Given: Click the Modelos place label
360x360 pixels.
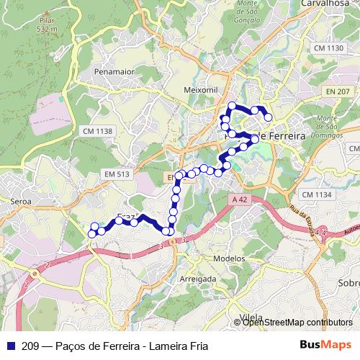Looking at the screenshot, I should point(230,258).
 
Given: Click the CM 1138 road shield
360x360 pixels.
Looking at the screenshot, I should point(98,131).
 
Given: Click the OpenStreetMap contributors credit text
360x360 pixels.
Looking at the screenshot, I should point(297,322).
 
